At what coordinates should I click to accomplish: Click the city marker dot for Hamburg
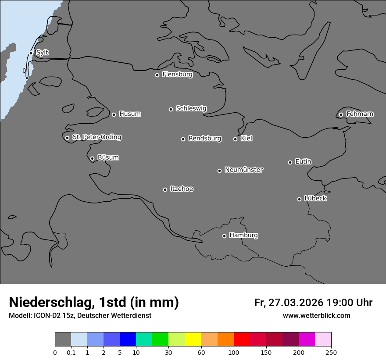(x=224, y=236)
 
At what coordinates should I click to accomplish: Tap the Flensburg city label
(x=177, y=75)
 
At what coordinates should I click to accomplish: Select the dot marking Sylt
(x=31, y=53)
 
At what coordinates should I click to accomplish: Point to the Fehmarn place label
(x=360, y=114)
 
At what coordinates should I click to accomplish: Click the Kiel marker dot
(x=235, y=139)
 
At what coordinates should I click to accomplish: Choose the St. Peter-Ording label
(x=96, y=137)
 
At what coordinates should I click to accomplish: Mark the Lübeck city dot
(x=299, y=199)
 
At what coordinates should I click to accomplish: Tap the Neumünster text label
(x=244, y=170)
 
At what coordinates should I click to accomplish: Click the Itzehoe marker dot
(x=165, y=189)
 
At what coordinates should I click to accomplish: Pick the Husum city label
(x=130, y=114)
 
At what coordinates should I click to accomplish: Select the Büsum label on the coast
(x=108, y=157)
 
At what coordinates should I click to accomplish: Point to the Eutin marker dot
(x=290, y=162)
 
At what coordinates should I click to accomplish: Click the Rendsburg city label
(x=205, y=139)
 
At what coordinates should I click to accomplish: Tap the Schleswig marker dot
(x=171, y=109)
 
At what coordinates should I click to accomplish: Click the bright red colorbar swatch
(x=242, y=339)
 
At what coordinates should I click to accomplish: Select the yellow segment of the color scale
(x=193, y=339)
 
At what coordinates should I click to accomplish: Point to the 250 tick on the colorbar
(x=331, y=352)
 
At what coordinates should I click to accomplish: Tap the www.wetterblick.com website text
(x=316, y=315)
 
